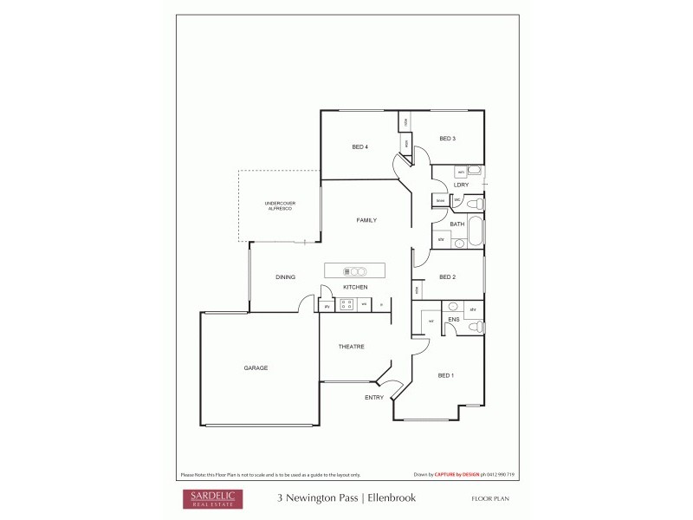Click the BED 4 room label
[x=360, y=147]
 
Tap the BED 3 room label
[x=447, y=139]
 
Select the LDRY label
[x=461, y=185]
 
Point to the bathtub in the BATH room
[x=477, y=232]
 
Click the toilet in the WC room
[x=474, y=204]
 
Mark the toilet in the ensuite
[x=475, y=327]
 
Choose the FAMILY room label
[x=366, y=221]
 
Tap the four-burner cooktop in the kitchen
[x=346, y=304]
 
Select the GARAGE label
[x=256, y=368]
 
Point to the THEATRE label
[x=351, y=347]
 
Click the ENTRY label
[x=374, y=398]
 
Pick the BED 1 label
[x=445, y=375]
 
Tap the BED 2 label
[x=447, y=277]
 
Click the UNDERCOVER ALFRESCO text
[x=280, y=205]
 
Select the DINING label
[x=285, y=277]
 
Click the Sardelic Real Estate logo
[x=211, y=498]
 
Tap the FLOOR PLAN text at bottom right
[x=495, y=499]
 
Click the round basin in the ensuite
[x=452, y=307]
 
